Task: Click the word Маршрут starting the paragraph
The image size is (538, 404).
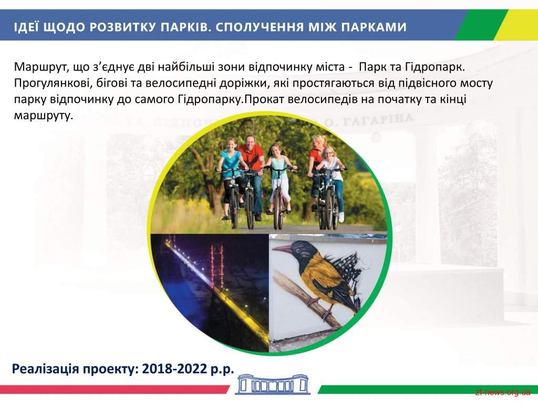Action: point(40,66)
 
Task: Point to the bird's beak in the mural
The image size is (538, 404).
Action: point(283,248)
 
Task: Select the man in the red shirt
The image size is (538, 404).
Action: point(251,175)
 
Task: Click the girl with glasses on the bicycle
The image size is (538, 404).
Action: point(330,182)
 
